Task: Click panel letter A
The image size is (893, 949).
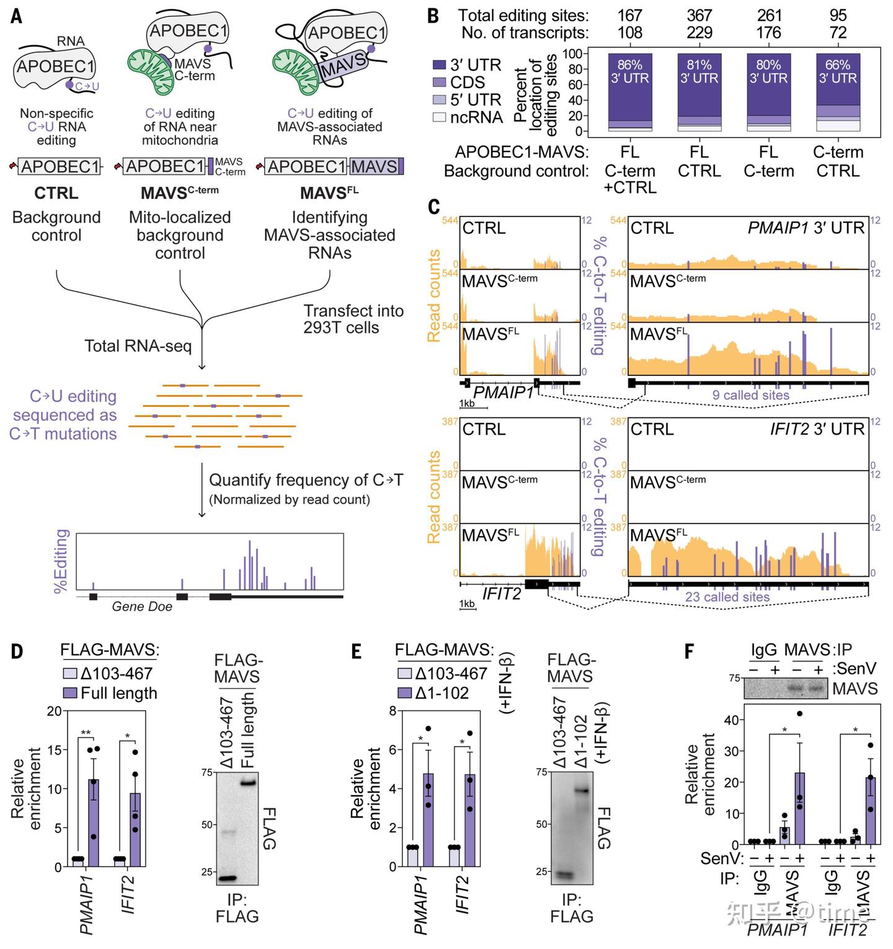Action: click(17, 16)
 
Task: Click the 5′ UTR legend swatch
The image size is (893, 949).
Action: click(440, 100)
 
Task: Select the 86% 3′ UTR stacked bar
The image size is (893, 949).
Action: click(629, 89)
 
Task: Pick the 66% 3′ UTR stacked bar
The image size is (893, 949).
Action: click(838, 89)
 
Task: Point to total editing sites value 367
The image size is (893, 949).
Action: click(699, 15)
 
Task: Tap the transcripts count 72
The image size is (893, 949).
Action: click(838, 33)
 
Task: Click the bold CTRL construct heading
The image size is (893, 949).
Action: click(56, 193)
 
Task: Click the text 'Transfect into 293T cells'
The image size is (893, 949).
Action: click(353, 319)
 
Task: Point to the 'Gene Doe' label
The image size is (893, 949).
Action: click(142, 607)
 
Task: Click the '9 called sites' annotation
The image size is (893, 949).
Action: click(750, 395)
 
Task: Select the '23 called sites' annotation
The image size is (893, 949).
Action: click(727, 597)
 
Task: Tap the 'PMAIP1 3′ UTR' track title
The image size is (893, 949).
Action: click(806, 228)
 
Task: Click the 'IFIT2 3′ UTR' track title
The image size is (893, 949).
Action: click(817, 429)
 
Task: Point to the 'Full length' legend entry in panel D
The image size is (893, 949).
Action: click(118, 693)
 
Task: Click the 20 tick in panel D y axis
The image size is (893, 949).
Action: click(55, 711)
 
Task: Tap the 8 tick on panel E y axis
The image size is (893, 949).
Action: click(393, 711)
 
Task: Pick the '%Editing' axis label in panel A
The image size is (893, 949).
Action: click(61, 561)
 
